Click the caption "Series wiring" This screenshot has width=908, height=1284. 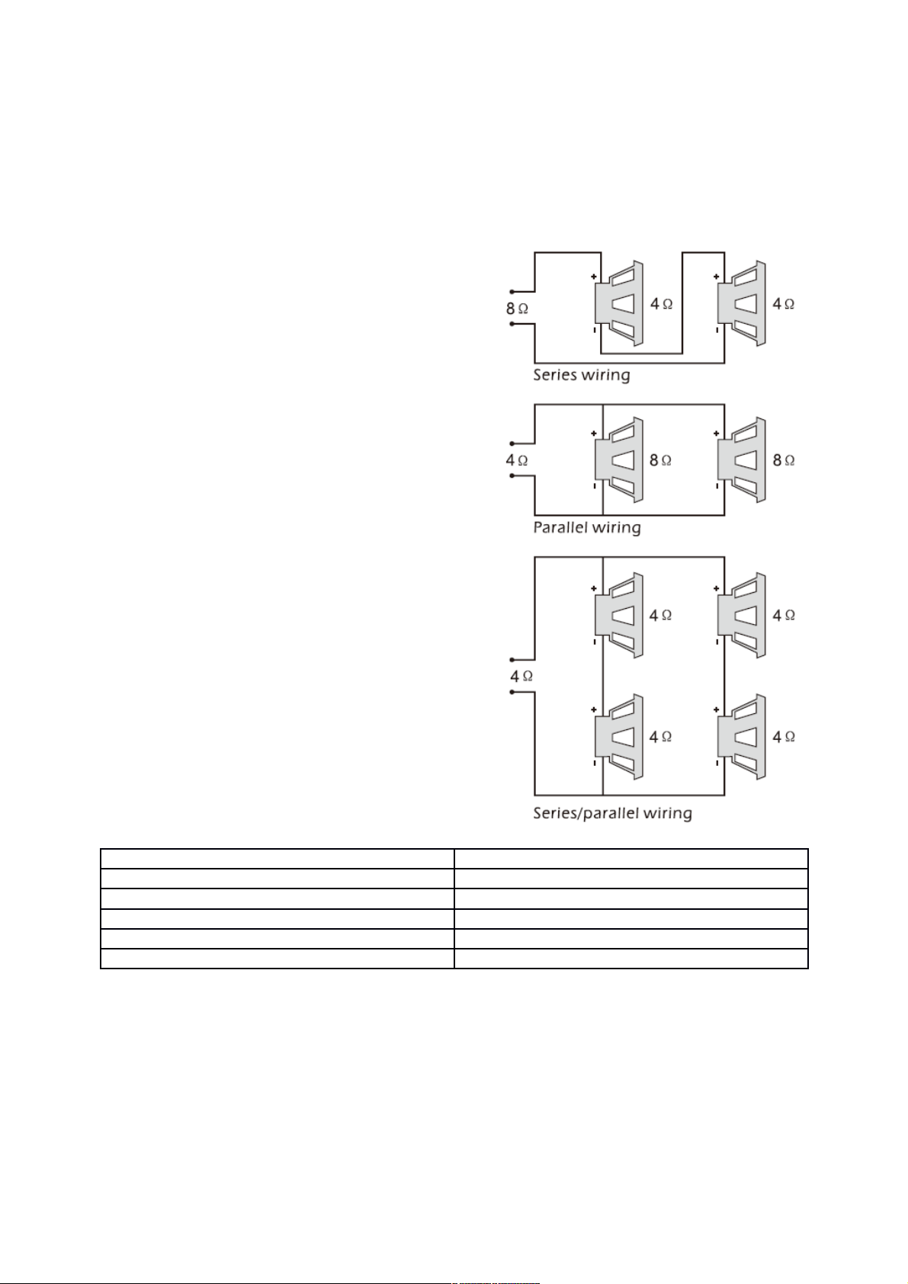[x=582, y=376]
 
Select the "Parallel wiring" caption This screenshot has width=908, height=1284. [x=587, y=527]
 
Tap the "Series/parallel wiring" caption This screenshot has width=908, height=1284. [x=613, y=813]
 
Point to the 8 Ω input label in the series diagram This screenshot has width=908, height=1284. [x=517, y=309]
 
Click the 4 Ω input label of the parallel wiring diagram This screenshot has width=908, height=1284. [x=517, y=459]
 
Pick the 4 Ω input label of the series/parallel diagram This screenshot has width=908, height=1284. [x=522, y=677]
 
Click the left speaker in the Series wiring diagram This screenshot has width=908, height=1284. [x=619, y=304]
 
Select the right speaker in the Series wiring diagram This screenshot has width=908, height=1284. [x=742, y=304]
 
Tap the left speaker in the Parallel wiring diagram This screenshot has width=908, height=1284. [x=619, y=460]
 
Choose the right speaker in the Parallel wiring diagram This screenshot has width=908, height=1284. [x=742, y=460]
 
